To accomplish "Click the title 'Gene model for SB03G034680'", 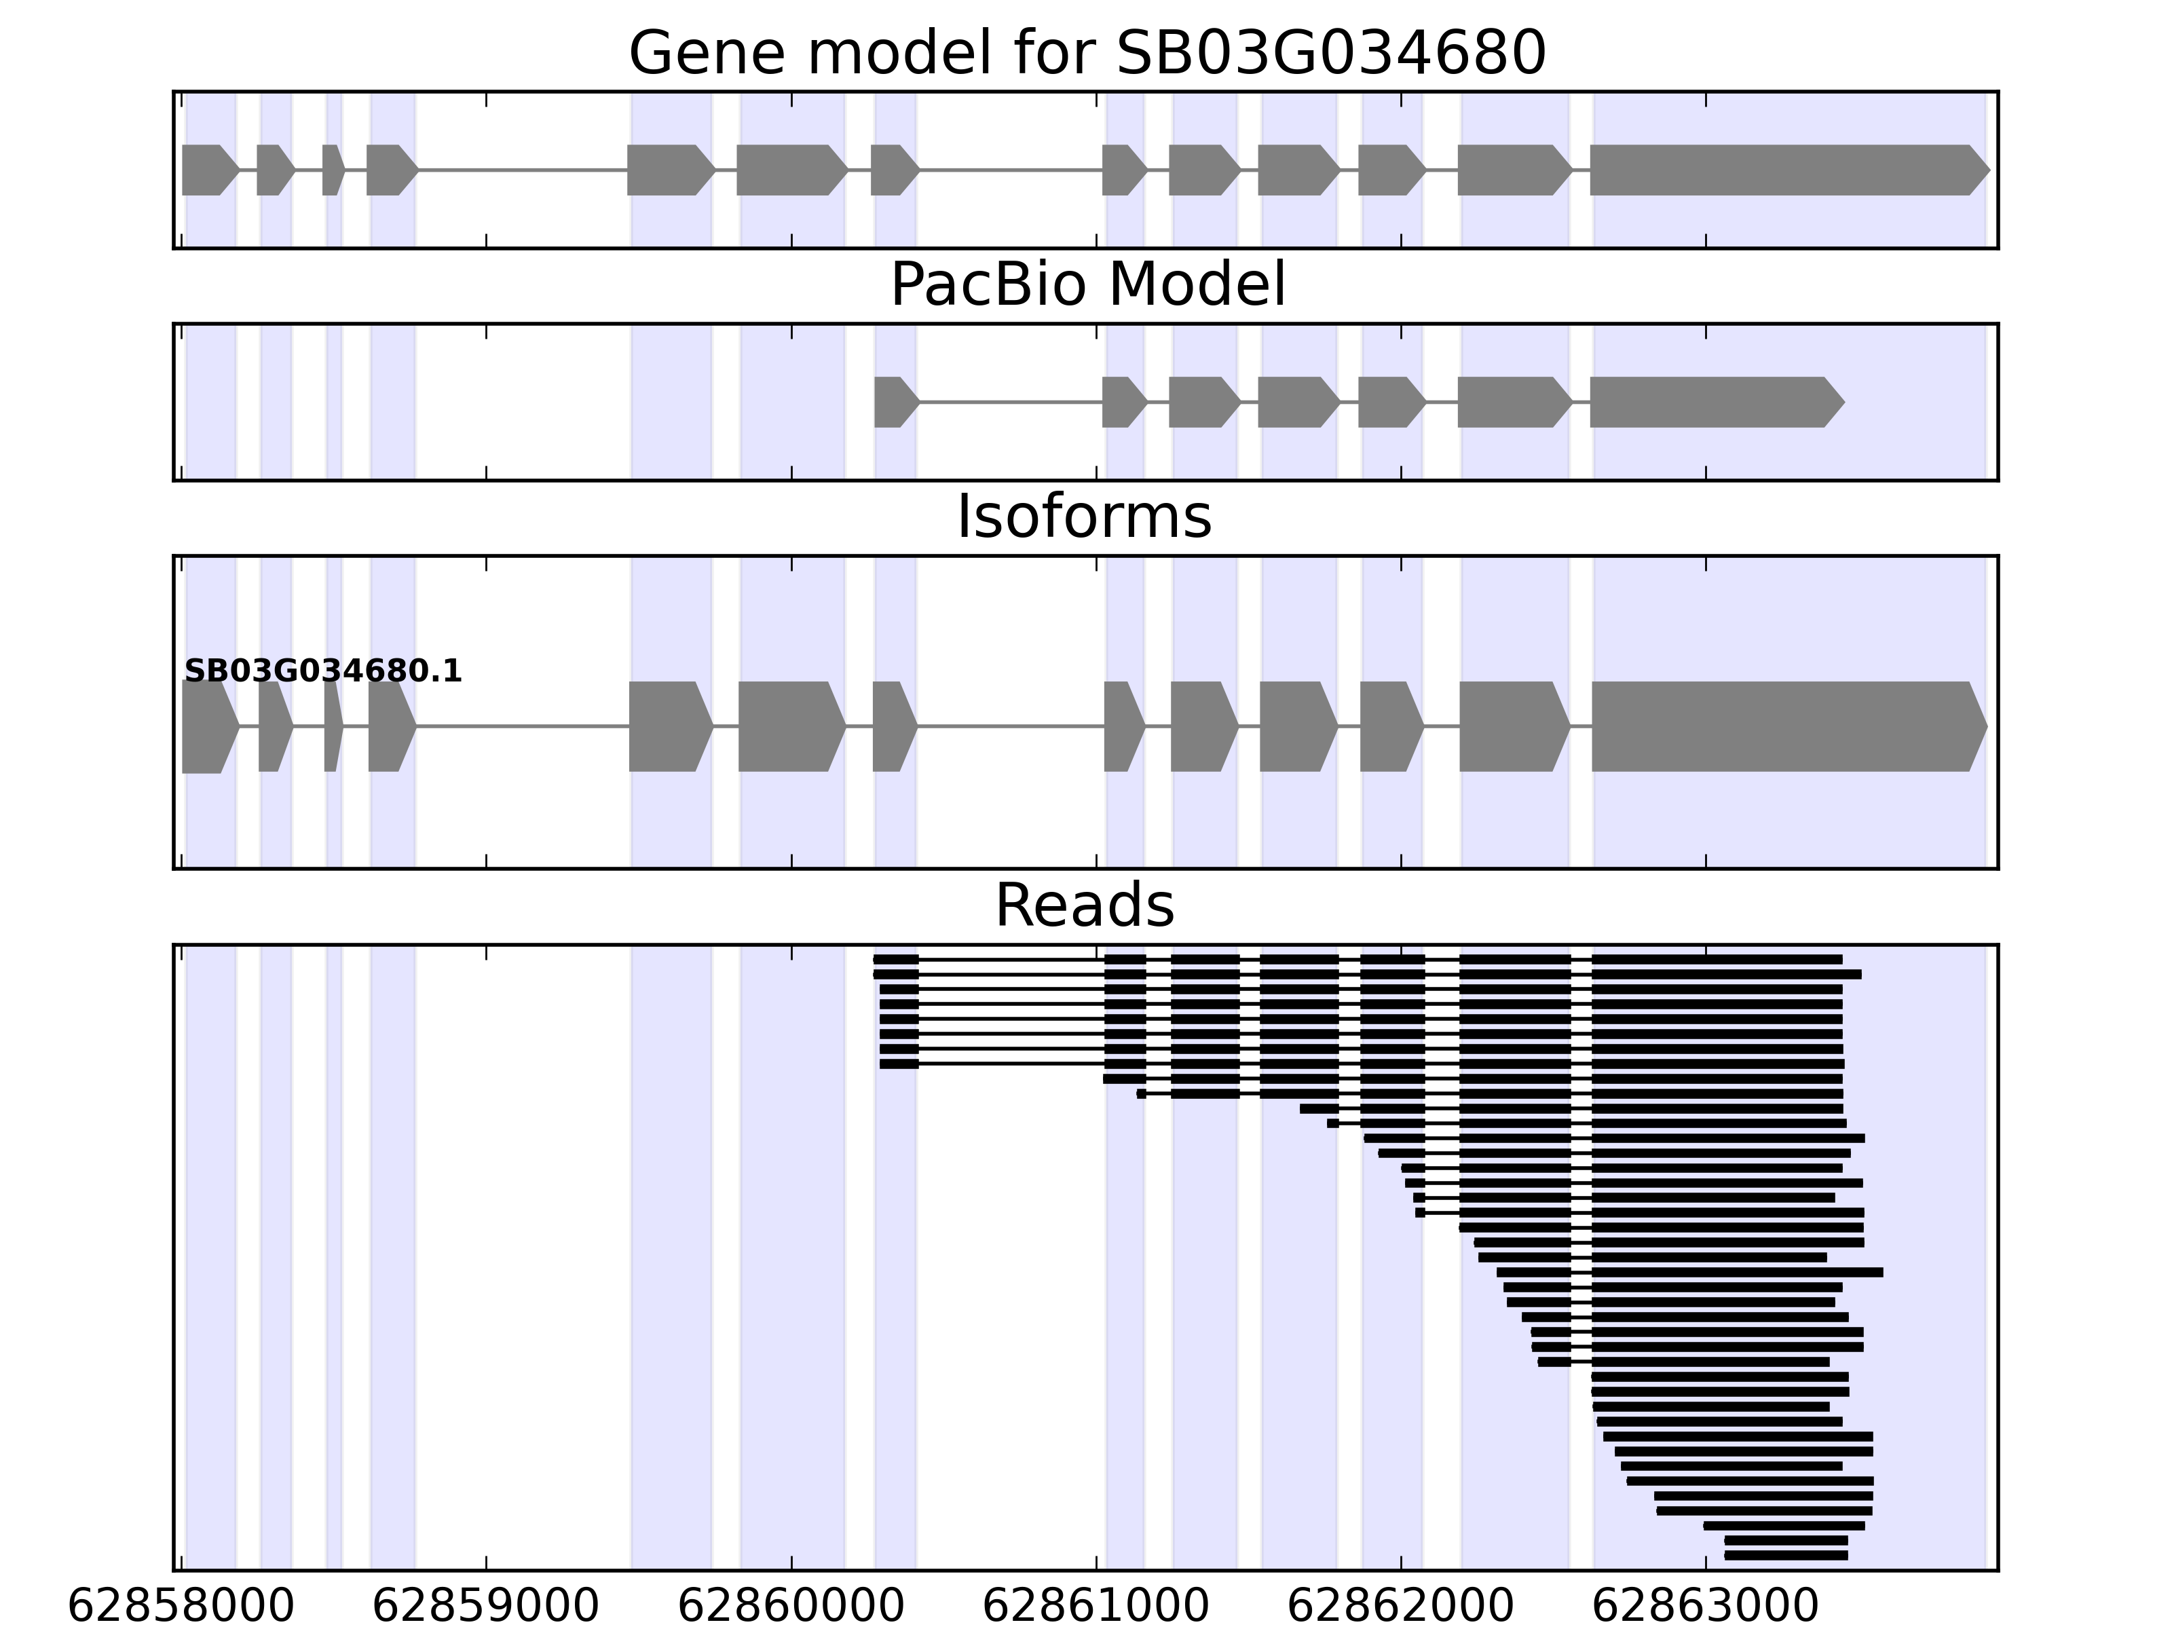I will (x=1086, y=53).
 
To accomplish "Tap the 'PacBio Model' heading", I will (x=1086, y=286).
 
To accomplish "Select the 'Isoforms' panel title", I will (x=1084, y=517).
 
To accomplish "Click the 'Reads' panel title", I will (x=1084, y=906).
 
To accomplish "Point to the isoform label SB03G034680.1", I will (x=323, y=672).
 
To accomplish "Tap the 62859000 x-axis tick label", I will (x=486, y=1607).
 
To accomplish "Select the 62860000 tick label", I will (x=791, y=1607).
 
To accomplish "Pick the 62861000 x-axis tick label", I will (x=1096, y=1607).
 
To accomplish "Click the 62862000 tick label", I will (x=1400, y=1607).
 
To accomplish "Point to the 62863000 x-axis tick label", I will (x=1706, y=1607).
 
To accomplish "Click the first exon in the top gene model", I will (x=207, y=170).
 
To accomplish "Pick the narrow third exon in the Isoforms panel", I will (x=332, y=727).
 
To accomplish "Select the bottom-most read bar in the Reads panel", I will (x=1785, y=1556).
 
